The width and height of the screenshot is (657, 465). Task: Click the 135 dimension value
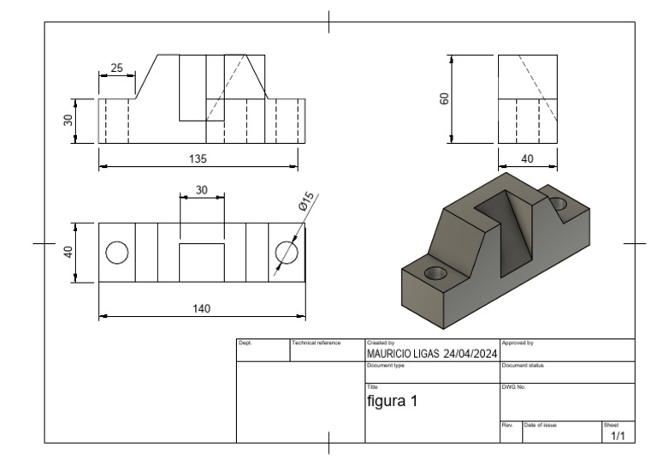pyautogui.click(x=198, y=158)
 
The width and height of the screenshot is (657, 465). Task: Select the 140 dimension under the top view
pyautogui.click(x=202, y=308)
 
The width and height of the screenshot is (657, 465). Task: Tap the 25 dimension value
pyautogui.click(x=116, y=67)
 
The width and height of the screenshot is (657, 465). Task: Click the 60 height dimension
pyautogui.click(x=444, y=99)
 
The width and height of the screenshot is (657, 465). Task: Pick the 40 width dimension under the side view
pyautogui.click(x=527, y=158)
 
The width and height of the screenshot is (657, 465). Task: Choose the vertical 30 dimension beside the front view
pyautogui.click(x=68, y=121)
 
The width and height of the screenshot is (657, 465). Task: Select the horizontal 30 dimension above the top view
pyautogui.click(x=202, y=190)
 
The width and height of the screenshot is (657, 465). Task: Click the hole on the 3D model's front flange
pyautogui.click(x=436, y=272)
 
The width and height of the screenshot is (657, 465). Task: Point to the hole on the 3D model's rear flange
pyautogui.click(x=559, y=204)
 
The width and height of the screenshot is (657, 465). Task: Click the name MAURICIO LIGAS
pyautogui.click(x=403, y=354)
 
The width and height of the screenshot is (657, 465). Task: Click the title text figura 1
pyautogui.click(x=392, y=400)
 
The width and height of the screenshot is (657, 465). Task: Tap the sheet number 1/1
pyautogui.click(x=618, y=436)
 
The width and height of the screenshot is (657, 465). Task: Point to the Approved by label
pyautogui.click(x=518, y=343)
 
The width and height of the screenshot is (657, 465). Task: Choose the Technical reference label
pyautogui.click(x=317, y=343)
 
